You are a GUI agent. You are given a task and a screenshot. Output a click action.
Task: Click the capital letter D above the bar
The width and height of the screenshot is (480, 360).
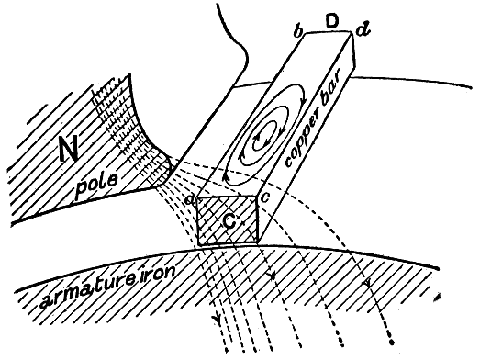click(332, 22)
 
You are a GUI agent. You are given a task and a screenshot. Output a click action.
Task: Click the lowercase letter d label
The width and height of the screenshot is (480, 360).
click(363, 30)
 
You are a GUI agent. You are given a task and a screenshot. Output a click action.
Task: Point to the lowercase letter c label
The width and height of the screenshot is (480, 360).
click(265, 198)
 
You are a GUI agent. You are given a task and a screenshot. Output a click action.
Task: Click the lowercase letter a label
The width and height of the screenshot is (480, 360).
click(190, 201)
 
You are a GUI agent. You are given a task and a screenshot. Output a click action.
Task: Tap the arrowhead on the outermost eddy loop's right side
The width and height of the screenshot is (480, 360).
click(304, 98)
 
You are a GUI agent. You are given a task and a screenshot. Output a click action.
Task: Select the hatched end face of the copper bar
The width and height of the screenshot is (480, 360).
click(227, 220)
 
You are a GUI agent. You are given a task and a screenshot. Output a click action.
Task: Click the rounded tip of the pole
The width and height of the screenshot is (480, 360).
click(165, 167)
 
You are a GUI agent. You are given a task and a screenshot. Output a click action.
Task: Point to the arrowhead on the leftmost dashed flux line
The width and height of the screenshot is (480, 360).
click(218, 320)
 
